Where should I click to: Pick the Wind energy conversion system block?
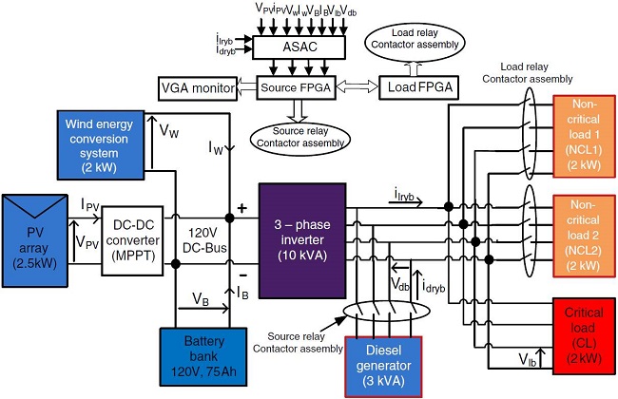[104, 143]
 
